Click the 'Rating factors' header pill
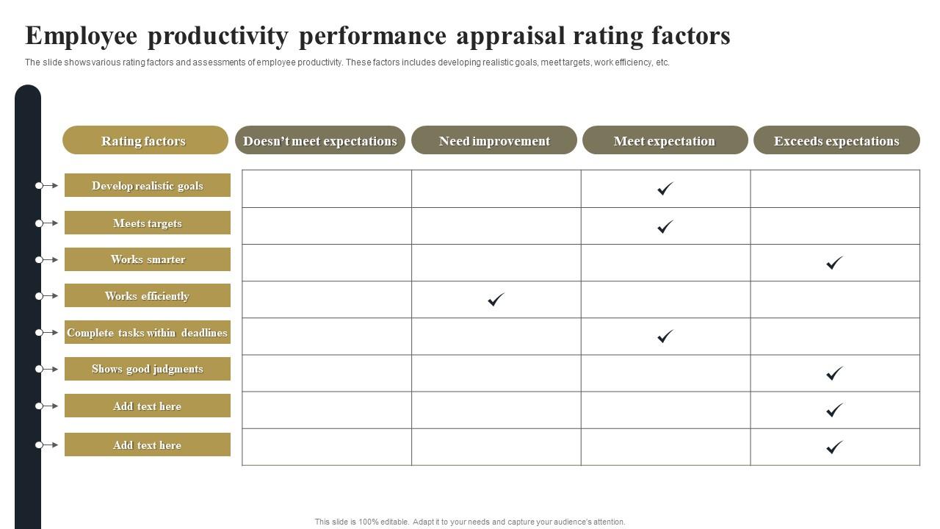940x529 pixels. (x=145, y=140)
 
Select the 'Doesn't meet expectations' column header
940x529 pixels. (x=320, y=140)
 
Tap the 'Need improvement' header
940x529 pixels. (x=494, y=140)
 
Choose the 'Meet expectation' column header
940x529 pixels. (x=665, y=140)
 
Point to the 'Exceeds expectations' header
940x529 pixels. (x=836, y=140)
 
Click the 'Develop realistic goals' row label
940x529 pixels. (x=148, y=185)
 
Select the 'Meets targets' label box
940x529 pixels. (x=148, y=223)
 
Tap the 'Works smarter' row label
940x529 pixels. (x=148, y=259)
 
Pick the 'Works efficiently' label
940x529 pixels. (x=148, y=295)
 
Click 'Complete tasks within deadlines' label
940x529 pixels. (x=148, y=332)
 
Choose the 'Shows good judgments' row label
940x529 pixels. (x=148, y=369)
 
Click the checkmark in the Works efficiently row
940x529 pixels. (x=496, y=299)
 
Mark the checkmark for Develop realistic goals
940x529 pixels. (x=665, y=189)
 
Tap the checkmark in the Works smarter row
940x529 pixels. (x=834, y=262)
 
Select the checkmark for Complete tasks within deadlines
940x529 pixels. (x=665, y=337)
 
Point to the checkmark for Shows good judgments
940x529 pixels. (x=834, y=373)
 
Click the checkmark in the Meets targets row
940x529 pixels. (x=665, y=226)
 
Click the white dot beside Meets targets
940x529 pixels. (x=39, y=223)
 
